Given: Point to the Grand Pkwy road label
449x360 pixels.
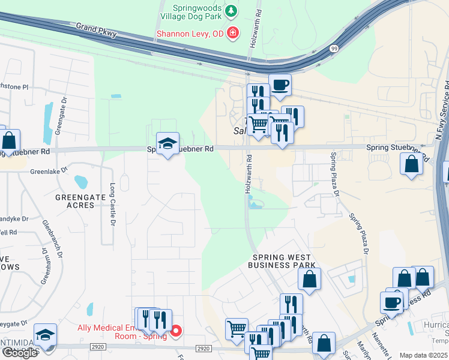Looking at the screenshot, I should (96, 31).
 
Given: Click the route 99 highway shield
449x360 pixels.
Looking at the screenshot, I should (334, 48).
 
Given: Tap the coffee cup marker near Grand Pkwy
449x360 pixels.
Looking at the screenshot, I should (280, 85).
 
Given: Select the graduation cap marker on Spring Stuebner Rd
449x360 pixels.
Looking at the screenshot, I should (167, 143).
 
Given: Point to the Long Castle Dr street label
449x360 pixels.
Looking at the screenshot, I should (112, 204).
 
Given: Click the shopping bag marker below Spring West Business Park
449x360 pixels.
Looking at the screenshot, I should (309, 279).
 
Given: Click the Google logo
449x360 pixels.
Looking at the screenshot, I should (20, 353).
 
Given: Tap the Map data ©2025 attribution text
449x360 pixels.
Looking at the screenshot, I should (424, 355).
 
